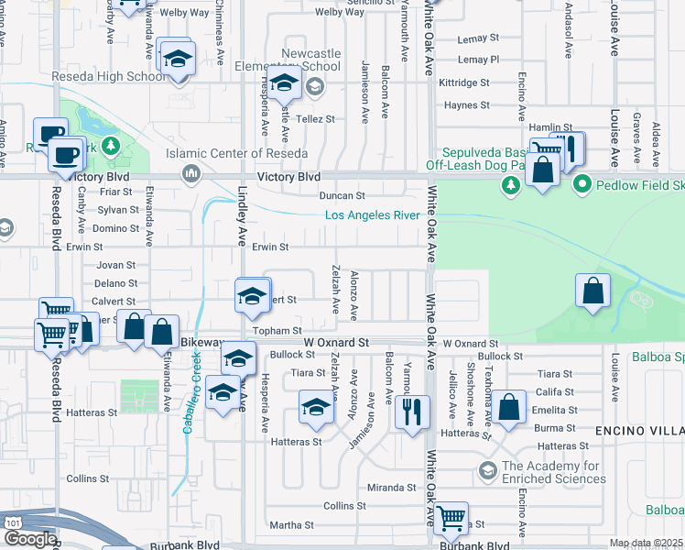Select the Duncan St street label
click(x=342, y=195)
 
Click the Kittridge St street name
click(x=464, y=82)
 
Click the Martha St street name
click(x=291, y=525)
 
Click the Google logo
click(x=29, y=539)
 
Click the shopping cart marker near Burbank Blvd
click(x=451, y=520)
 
